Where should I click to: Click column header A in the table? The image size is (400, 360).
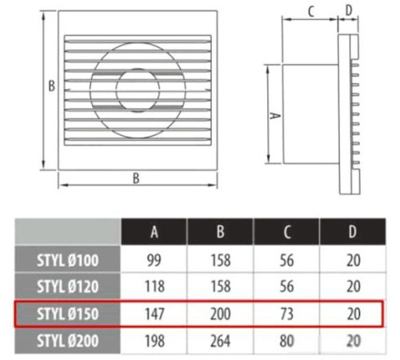pos(154,231)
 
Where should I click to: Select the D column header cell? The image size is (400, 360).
pos(353,231)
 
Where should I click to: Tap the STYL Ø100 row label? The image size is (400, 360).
pos(68,260)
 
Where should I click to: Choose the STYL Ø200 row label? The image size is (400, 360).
pos(68,341)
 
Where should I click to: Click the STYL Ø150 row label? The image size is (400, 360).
pos(68,314)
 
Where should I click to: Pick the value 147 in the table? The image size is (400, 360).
pos(154,314)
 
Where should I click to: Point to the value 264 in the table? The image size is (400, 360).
pos(220,341)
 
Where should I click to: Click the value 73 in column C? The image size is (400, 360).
pos(286,314)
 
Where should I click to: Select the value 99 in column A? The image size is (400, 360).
pos(154,260)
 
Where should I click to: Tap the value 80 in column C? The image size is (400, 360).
pos(286,341)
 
